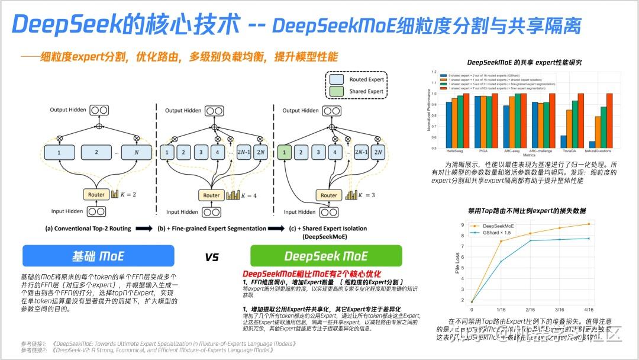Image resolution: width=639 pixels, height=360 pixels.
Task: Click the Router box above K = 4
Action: [211, 195]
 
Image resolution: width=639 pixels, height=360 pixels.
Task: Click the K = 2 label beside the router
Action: [127, 194]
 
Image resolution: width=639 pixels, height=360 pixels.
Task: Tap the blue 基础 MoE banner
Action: [98, 256]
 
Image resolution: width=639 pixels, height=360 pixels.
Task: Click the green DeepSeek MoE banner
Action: [326, 256]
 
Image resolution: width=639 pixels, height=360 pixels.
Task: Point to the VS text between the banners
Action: [211, 257]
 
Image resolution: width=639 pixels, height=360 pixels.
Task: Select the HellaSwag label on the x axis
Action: [454, 151]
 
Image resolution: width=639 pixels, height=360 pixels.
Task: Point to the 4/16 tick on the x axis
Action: [589, 309]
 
